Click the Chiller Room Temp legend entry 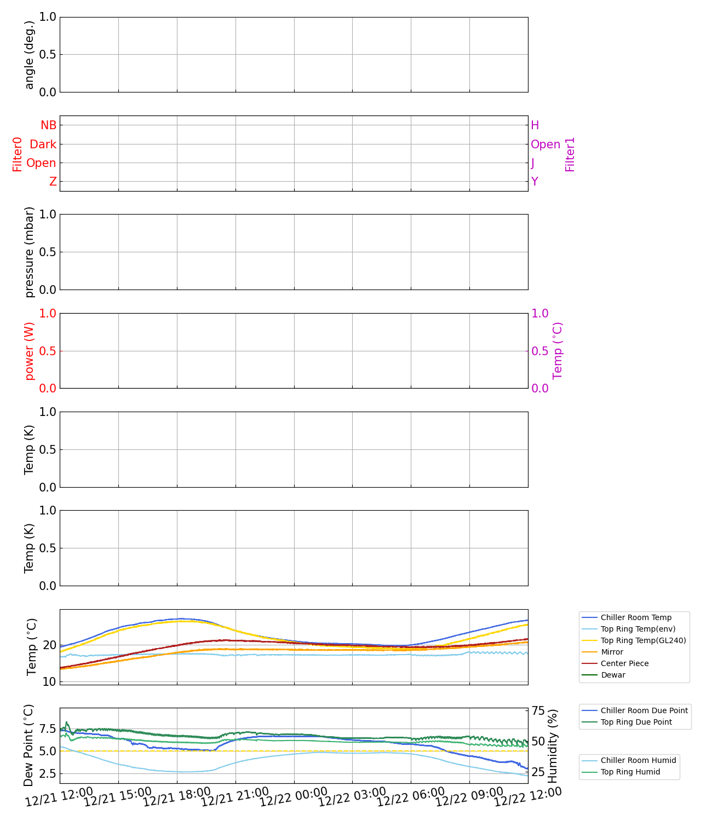click(x=636, y=617)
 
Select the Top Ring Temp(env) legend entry click(x=638, y=629)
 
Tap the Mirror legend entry click(x=612, y=652)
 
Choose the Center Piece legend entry click(x=624, y=663)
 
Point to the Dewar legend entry click(x=613, y=675)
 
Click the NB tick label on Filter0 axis click(x=48, y=125)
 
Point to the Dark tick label click(x=43, y=144)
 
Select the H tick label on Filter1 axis click(x=535, y=125)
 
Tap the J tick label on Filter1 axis click(x=533, y=163)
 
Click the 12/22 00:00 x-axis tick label click(x=294, y=797)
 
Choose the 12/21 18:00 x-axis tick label click(x=176, y=797)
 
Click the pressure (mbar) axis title click(x=30, y=252)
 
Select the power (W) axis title click(x=30, y=351)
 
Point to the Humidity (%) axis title click(x=553, y=745)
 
